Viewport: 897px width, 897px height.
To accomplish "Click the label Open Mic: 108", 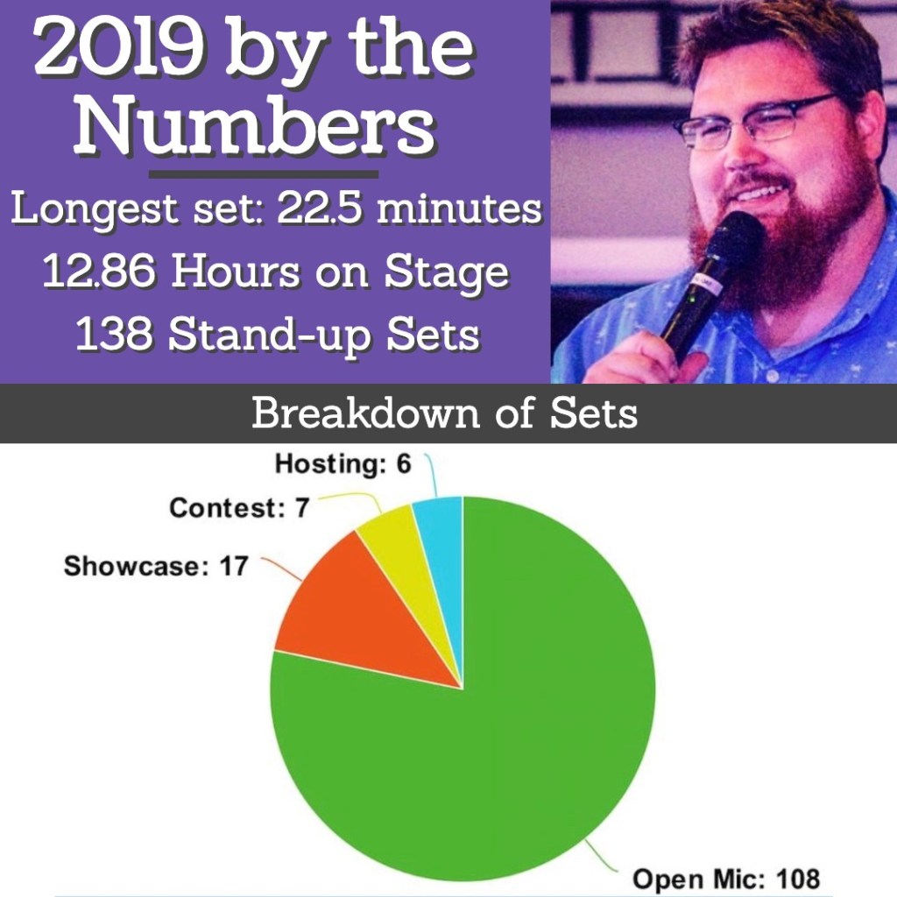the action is pos(726,878).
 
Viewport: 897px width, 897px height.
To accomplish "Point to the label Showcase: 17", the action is pos(156,566).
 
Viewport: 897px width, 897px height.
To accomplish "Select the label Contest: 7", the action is pos(239,507).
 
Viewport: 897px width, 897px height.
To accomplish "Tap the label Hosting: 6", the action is pos(343,463).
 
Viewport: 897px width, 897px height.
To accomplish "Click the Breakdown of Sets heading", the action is pos(444,413).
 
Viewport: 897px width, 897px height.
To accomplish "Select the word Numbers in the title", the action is pos(255,125).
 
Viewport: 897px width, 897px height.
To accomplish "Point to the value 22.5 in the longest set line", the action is pos(320,208).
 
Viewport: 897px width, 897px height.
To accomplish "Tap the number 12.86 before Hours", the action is pos(99,271).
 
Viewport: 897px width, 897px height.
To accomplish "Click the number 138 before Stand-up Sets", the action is pos(114,334).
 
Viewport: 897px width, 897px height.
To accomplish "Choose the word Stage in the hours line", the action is pos(446,273).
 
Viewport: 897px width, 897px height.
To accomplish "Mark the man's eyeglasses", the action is pos(755,122).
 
